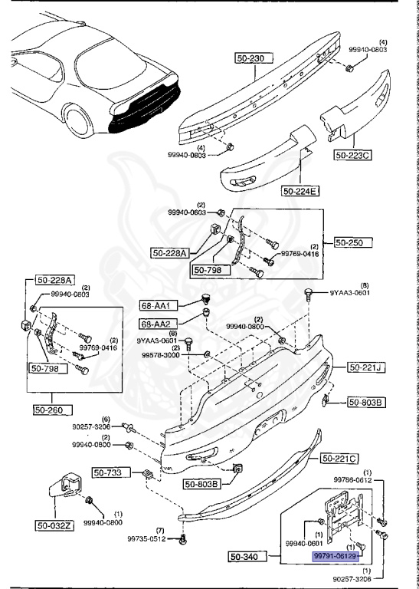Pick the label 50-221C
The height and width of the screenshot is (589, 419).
tap(339, 459)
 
